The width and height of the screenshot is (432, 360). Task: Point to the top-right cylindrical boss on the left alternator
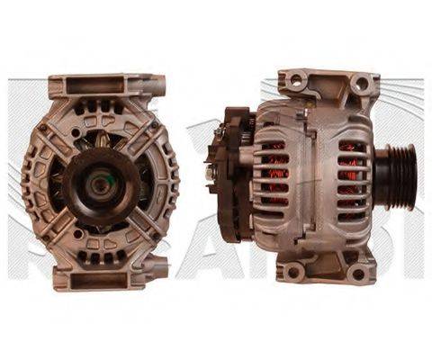point(160,87)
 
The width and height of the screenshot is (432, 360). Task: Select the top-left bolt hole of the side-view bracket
point(294,83)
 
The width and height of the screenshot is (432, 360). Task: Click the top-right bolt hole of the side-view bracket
point(361,84)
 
